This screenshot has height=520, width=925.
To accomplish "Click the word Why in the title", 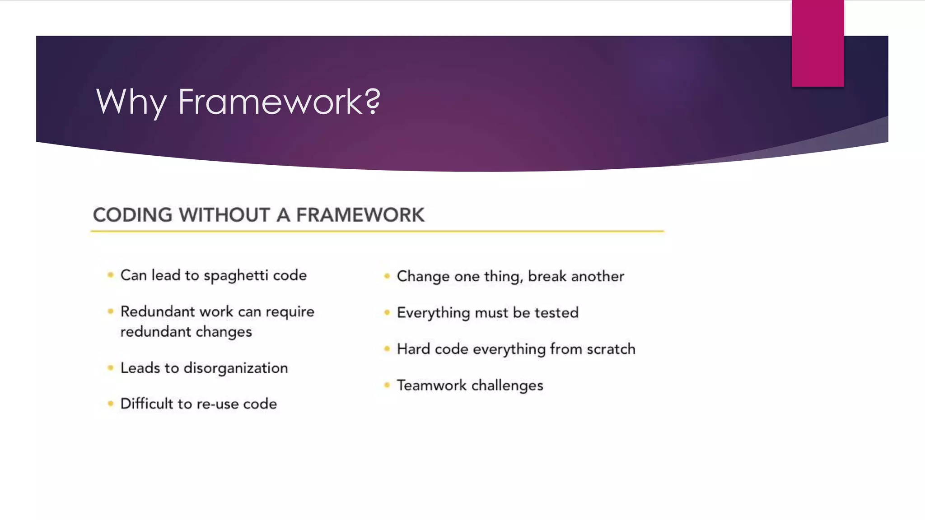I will point(131,102).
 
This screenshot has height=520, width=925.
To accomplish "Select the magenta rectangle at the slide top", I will point(818,43).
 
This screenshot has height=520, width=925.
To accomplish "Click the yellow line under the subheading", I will point(377,231).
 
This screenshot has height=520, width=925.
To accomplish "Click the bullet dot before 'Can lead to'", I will point(111,274).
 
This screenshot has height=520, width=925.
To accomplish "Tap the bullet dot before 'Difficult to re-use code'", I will point(111,403).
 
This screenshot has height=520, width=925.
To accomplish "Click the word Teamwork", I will point(431,385).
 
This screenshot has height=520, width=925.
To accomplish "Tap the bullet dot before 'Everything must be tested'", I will point(387,312).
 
